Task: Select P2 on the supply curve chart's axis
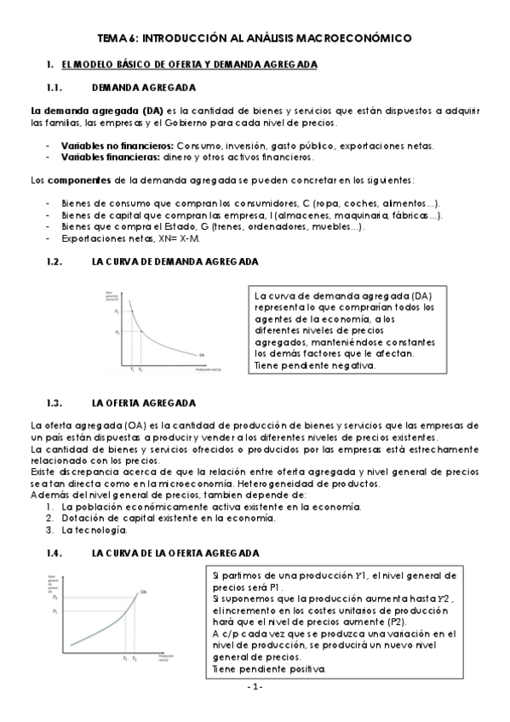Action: tap(54, 599)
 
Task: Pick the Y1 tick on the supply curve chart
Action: tap(124, 658)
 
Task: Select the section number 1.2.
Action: tap(55, 263)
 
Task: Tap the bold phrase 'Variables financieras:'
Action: tap(100, 156)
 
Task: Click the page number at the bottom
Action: tap(255, 686)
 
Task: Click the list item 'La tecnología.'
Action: tap(89, 530)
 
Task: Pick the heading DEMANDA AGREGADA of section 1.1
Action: tap(143, 88)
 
